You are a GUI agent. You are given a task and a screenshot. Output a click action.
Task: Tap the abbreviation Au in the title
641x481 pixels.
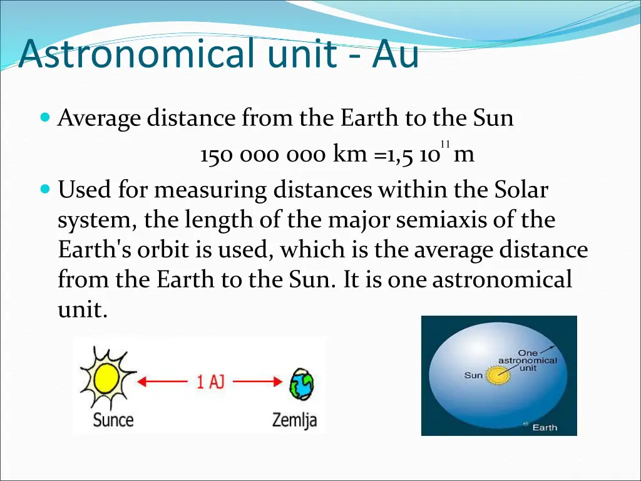[x=395, y=54]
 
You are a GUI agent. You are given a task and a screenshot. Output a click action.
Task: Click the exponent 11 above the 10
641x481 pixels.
[x=444, y=144]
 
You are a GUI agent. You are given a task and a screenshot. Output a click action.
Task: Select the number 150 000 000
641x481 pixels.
[x=263, y=155]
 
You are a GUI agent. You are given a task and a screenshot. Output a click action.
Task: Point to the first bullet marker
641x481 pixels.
[x=44, y=117]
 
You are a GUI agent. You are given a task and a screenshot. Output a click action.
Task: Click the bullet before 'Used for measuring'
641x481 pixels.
[x=44, y=189]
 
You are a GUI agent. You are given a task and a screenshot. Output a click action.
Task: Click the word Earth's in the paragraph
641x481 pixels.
[x=93, y=250]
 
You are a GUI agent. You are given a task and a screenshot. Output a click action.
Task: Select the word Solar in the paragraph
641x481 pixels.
[x=520, y=190]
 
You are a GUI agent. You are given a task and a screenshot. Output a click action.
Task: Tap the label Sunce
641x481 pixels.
[x=113, y=419]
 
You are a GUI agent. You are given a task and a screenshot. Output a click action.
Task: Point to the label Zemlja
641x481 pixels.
[x=294, y=420]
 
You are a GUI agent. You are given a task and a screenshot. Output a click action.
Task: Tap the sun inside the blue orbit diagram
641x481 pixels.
[x=498, y=376]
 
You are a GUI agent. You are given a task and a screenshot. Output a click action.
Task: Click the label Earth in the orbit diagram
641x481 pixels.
[x=544, y=428]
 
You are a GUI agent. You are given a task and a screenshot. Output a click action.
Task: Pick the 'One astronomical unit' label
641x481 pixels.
[x=527, y=361]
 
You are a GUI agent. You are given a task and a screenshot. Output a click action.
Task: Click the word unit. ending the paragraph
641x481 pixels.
[x=83, y=309]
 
